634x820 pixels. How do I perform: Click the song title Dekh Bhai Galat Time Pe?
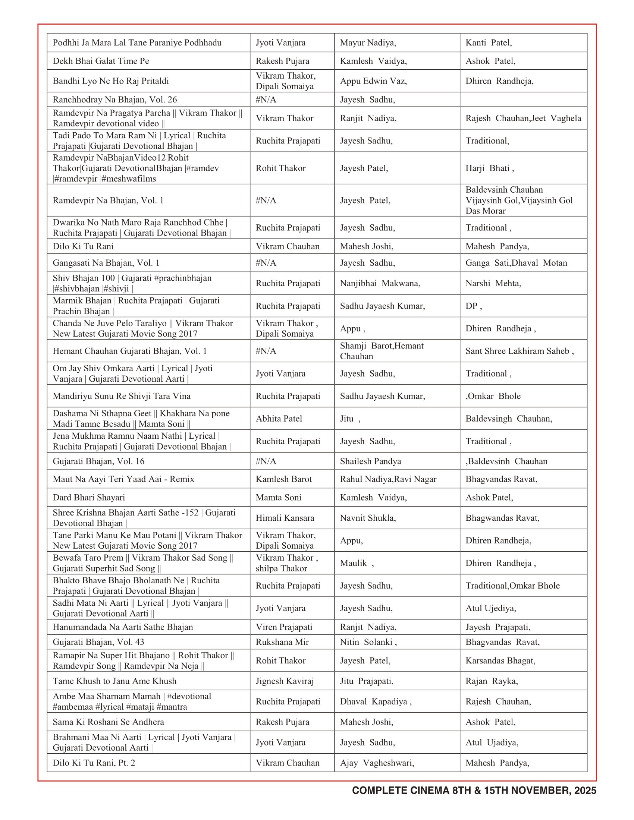(101, 61)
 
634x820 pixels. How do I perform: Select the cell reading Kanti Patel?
(488, 42)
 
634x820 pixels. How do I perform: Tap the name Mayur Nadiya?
(368, 42)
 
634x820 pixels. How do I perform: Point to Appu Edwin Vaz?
(373, 81)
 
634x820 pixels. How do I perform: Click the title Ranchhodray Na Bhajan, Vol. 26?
(114, 100)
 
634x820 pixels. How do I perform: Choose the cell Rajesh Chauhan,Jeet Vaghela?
(523, 118)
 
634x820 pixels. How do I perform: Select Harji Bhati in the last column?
(489, 168)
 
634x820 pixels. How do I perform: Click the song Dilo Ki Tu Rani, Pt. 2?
(94, 763)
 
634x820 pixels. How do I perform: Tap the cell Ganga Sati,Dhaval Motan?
(516, 263)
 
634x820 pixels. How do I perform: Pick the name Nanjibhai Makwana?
(380, 283)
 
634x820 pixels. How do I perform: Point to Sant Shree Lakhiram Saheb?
(519, 351)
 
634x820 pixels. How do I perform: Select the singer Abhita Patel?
(279, 418)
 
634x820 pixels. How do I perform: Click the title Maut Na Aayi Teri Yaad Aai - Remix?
(123, 479)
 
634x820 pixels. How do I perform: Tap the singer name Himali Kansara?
(285, 518)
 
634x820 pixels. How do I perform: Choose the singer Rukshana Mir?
(282, 642)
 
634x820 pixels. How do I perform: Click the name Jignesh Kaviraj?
(284, 681)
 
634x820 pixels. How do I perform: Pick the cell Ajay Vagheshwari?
(377, 763)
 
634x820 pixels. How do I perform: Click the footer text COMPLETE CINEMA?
(400, 790)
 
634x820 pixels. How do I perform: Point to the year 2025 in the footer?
(585, 790)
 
